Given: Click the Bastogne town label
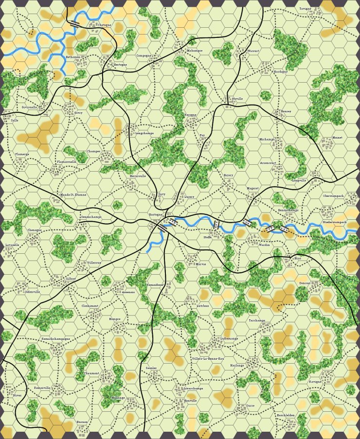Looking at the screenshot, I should point(155,214).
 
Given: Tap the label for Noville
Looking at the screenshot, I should point(237,99).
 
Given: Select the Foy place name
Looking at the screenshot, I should point(202,136).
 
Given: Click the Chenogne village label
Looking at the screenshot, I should point(35,230).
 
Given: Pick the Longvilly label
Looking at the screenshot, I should point(299,180).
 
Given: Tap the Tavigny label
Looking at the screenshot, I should point(306,9).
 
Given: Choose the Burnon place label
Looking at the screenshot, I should point(82,422).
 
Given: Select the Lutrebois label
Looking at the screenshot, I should point(203,306).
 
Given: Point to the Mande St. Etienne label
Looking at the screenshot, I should point(73,195).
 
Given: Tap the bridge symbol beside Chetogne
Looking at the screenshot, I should point(75,22).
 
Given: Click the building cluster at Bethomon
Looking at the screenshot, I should point(81,62).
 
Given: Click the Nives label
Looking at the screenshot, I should point(18,396).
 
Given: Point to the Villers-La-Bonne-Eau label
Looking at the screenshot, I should point(208,359).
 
